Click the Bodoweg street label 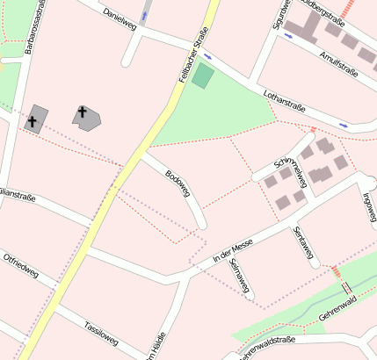point(178,184)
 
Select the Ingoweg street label point(368,205)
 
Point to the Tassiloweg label point(101,333)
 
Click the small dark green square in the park point(203,76)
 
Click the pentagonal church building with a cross point(86,116)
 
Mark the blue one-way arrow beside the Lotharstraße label point(344,126)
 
